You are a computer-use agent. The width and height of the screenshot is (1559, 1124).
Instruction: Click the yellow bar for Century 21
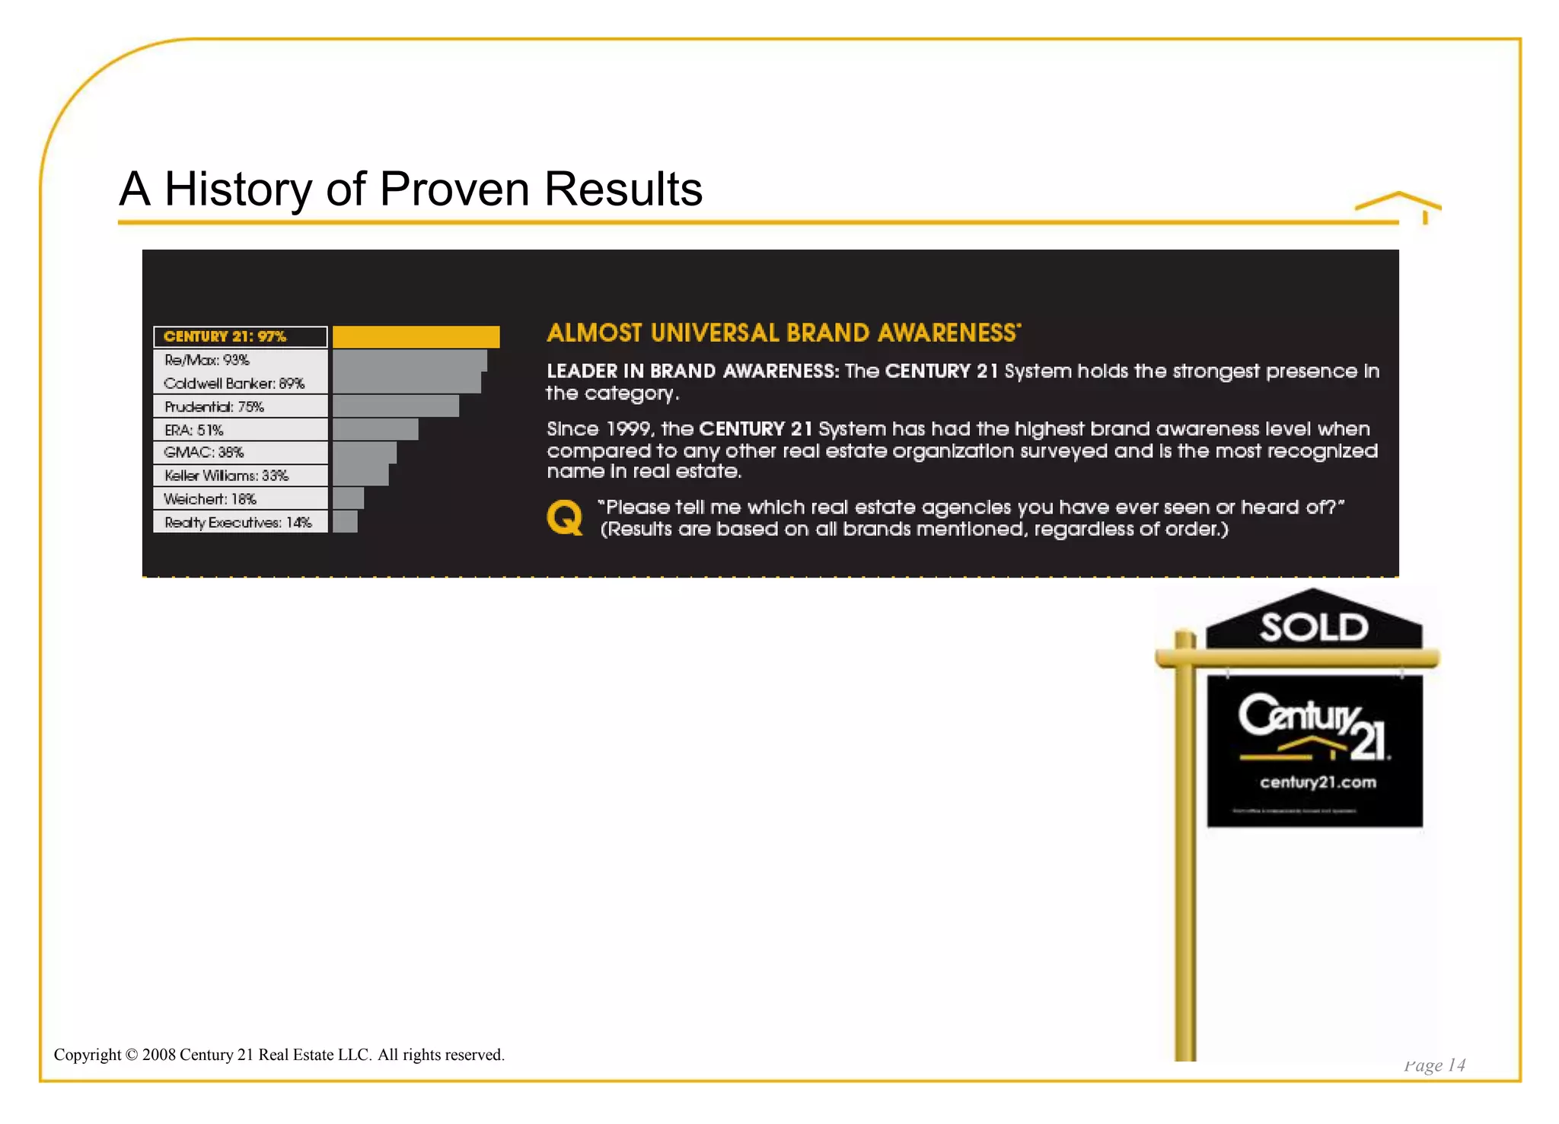click(416, 336)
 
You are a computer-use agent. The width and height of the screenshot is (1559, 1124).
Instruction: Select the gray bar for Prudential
click(395, 406)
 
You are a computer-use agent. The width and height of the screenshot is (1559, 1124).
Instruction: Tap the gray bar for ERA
click(375, 429)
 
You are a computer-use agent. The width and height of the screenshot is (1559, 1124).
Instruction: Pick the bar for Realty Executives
click(345, 522)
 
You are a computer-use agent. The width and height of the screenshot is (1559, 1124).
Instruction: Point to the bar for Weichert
click(348, 498)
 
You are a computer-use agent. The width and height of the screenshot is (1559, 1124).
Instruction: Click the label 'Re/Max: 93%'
click(207, 360)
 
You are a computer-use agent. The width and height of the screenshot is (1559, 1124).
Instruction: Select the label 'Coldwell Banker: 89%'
click(234, 384)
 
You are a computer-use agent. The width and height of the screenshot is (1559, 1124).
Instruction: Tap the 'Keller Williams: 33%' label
click(227, 476)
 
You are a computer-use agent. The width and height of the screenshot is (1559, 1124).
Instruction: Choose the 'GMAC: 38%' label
click(204, 452)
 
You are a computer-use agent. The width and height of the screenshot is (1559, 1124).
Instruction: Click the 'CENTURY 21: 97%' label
click(225, 336)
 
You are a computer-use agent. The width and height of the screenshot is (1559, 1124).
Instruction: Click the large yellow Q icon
click(565, 517)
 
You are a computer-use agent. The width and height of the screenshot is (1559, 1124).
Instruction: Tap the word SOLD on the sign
click(1314, 628)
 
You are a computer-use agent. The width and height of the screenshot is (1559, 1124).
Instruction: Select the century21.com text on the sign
click(1318, 782)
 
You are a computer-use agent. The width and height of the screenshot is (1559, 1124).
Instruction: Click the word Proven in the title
click(454, 189)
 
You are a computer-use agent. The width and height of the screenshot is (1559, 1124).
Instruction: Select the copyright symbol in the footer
click(131, 1055)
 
